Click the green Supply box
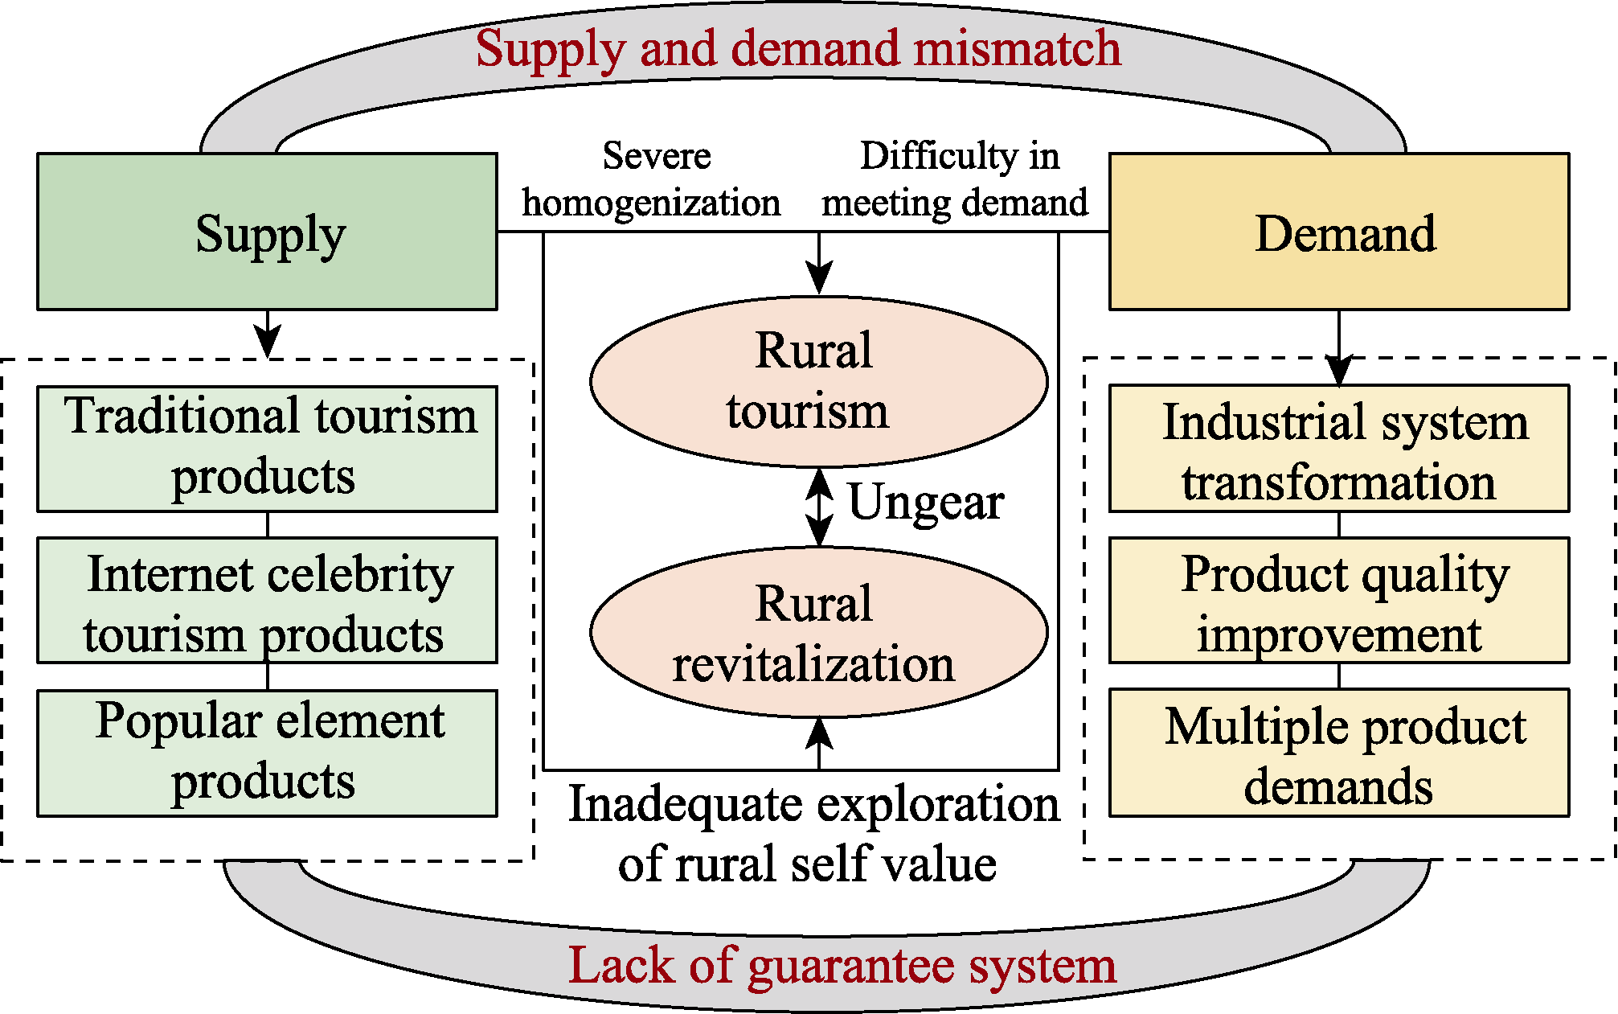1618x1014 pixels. click(267, 232)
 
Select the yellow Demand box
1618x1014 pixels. click(1339, 232)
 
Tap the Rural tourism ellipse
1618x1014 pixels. click(818, 381)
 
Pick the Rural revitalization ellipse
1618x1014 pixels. click(818, 633)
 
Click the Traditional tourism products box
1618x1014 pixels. click(267, 449)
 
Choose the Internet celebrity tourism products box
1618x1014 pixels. click(267, 601)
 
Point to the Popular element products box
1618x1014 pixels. click(267, 753)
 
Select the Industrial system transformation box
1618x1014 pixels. click(1339, 449)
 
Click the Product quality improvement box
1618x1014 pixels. click(1339, 601)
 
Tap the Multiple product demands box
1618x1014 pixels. click(1339, 753)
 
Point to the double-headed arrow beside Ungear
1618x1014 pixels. click(819, 507)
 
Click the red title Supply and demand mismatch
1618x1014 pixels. click(798, 48)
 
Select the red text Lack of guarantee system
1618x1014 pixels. click(842, 965)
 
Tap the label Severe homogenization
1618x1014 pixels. click(653, 179)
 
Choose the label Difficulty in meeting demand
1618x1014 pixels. click(956, 179)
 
